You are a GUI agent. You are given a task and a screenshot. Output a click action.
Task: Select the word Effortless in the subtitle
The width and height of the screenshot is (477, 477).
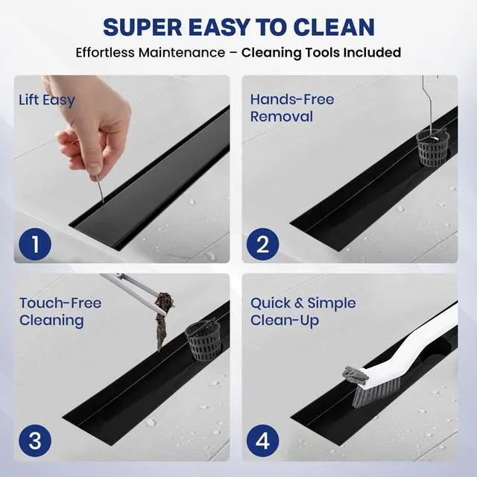(x=105, y=52)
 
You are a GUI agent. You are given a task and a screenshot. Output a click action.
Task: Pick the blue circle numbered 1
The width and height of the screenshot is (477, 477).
(x=35, y=244)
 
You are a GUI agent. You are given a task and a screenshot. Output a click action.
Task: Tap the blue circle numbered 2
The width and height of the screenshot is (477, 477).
(x=262, y=244)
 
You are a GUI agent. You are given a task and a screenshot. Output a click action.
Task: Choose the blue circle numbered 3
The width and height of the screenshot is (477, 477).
(x=35, y=440)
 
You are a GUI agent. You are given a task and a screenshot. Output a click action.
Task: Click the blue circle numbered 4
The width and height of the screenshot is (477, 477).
(x=262, y=440)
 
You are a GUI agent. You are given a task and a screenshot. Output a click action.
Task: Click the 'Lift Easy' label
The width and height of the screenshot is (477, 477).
(x=46, y=101)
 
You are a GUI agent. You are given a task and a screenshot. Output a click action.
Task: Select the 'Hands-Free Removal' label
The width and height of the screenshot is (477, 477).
(x=292, y=108)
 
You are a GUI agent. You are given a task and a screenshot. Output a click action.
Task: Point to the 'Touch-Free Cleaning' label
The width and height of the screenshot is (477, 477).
(x=60, y=312)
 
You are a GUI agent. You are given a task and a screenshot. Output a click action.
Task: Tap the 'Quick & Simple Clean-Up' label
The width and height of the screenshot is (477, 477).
(x=303, y=312)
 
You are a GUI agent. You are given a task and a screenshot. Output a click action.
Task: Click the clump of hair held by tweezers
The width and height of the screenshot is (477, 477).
(x=163, y=320)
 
